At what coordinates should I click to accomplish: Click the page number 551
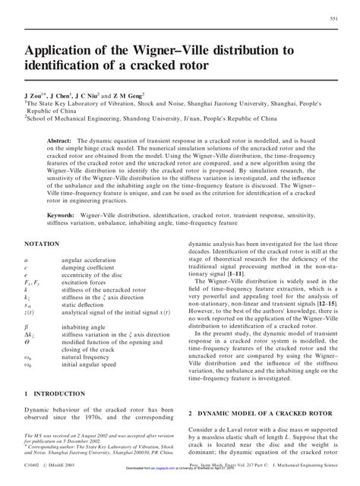tap(333, 18)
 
